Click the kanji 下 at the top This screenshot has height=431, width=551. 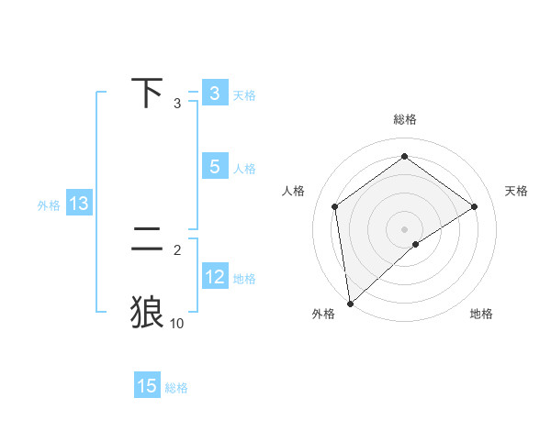[x=147, y=93]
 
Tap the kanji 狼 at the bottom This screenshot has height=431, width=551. [x=147, y=312]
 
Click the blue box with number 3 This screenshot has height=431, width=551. [x=214, y=94]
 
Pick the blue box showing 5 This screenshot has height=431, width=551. [x=214, y=167]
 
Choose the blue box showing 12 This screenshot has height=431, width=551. [x=215, y=277]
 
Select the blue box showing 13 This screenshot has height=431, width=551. [x=79, y=204]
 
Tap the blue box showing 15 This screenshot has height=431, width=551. [x=147, y=386]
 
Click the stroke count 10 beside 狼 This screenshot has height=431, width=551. [x=176, y=323]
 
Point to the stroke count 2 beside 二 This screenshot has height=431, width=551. [x=177, y=249]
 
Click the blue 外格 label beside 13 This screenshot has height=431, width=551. [x=49, y=205]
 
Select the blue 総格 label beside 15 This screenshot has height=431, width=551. [x=176, y=388]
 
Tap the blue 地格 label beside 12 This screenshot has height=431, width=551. [x=244, y=279]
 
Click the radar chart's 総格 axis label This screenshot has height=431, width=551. [x=404, y=119]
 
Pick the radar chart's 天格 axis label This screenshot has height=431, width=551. [x=517, y=191]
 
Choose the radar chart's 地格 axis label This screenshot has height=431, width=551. [x=481, y=315]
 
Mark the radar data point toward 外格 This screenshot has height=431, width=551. [x=350, y=303]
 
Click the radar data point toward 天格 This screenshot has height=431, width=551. [x=474, y=206]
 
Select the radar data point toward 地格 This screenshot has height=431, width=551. [x=415, y=244]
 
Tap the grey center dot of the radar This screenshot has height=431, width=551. [x=404, y=228]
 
